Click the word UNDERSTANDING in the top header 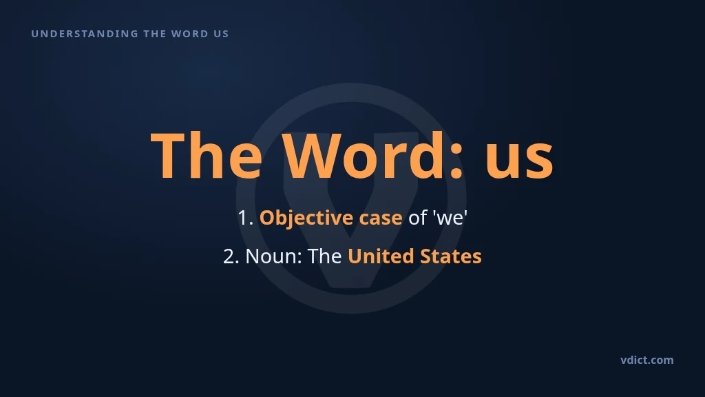pyautogui.click(x=85, y=34)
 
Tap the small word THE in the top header pyautogui.click(x=155, y=34)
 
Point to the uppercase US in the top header pyautogui.click(x=221, y=34)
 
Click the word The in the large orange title pyautogui.click(x=207, y=155)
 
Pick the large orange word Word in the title pyautogui.click(x=364, y=155)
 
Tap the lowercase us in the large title pyautogui.click(x=519, y=161)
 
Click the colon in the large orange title pyautogui.click(x=456, y=160)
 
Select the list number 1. pyautogui.click(x=246, y=218)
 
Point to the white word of pyautogui.click(x=417, y=217)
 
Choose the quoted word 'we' pyautogui.click(x=450, y=218)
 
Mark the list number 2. pyautogui.click(x=231, y=256)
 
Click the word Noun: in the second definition pyautogui.click(x=274, y=256)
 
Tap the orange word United pyautogui.click(x=381, y=256)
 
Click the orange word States pyautogui.click(x=450, y=256)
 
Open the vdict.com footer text pyautogui.click(x=647, y=360)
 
